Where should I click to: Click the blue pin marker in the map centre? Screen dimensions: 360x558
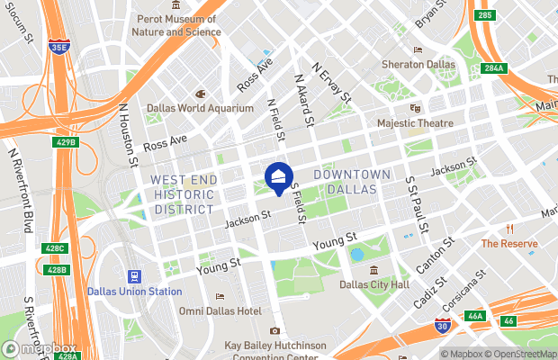point(278,177)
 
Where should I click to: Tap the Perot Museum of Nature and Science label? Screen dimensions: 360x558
point(177,25)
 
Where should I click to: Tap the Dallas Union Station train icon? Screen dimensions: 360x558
point(134,276)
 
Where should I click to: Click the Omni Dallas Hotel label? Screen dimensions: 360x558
point(220,310)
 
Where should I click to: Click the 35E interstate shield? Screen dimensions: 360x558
point(59,45)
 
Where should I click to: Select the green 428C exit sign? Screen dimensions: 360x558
point(55,248)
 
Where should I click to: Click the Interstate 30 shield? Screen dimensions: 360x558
point(441,328)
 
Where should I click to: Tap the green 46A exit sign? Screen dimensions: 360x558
point(475,316)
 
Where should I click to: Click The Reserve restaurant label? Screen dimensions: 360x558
point(509,244)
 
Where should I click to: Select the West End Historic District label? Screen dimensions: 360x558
point(184,194)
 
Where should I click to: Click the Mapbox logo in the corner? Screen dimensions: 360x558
point(40,348)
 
